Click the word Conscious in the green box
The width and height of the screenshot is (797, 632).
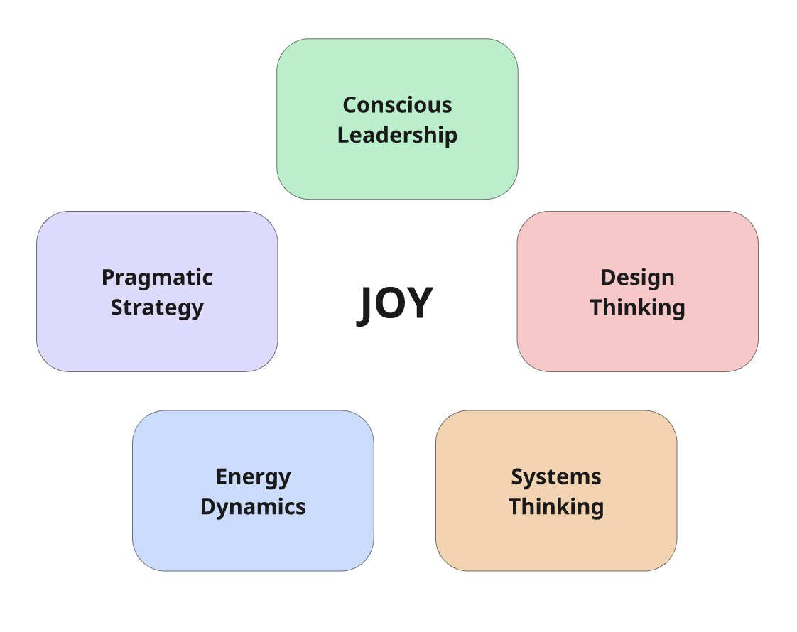click(397, 105)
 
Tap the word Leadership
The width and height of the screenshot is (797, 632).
click(397, 135)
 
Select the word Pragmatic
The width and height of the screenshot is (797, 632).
click(157, 278)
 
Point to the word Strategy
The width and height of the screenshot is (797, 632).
click(157, 308)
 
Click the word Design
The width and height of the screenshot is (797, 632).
click(637, 278)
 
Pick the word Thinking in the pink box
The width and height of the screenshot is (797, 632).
click(637, 307)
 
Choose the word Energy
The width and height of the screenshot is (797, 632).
click(253, 477)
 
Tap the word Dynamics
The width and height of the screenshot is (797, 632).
click(253, 507)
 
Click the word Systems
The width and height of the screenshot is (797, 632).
click(556, 477)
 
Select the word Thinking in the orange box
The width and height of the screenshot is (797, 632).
click(556, 507)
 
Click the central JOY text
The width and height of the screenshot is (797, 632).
click(394, 304)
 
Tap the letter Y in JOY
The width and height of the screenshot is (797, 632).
click(420, 304)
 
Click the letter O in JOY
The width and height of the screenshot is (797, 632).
click(392, 304)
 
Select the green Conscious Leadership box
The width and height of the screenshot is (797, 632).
click(397, 170)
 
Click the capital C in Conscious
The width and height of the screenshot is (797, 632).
click(350, 105)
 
